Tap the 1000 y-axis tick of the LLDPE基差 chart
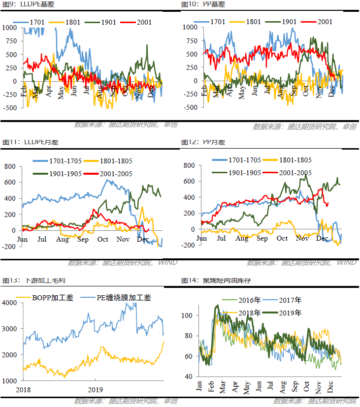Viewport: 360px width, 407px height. (9, 28)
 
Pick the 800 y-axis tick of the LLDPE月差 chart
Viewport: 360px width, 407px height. (11, 166)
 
